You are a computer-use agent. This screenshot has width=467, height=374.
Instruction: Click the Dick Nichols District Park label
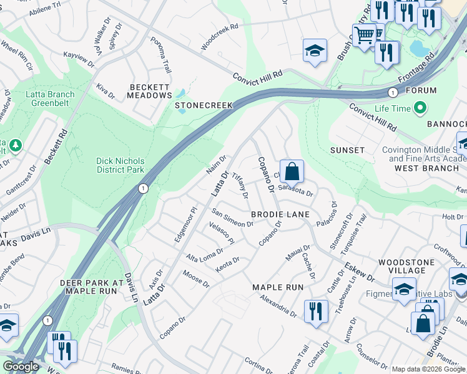[120, 165]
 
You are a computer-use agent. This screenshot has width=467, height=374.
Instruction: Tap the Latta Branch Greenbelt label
[51, 99]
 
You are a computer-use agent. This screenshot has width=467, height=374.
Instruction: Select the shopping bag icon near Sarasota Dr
[292, 171]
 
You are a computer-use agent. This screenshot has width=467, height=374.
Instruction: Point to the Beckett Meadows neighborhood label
[149, 91]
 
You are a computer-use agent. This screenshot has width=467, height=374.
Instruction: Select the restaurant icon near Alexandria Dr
[316, 311]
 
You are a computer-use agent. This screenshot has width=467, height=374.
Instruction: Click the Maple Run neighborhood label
[277, 287]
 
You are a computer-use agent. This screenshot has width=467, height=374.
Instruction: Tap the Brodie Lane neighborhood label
[280, 214]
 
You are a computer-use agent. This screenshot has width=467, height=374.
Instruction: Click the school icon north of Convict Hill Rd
[315, 51]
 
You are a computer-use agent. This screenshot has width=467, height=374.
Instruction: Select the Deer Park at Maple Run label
[88, 287]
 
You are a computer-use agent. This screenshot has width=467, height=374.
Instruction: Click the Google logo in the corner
[21, 367]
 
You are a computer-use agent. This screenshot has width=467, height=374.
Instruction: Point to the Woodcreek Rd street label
[220, 37]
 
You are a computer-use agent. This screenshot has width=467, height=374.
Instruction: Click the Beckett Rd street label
[56, 146]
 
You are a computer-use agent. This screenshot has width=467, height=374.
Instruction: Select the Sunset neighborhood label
[347, 150]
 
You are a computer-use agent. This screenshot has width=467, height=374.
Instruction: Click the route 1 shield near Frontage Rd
[392, 93]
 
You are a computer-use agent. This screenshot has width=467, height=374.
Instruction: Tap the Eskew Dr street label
[358, 270]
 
